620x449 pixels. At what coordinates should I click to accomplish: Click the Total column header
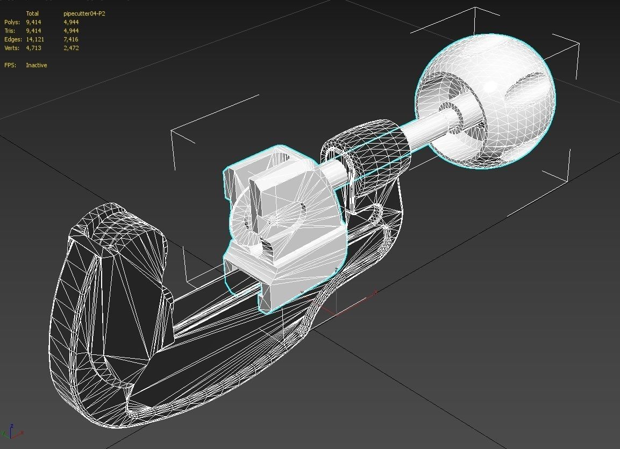pyautogui.click(x=32, y=13)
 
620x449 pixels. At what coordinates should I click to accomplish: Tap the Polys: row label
pyautogui.click(x=12, y=22)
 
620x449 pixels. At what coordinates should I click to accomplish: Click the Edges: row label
pyautogui.click(x=13, y=39)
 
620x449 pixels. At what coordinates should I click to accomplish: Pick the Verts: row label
pyautogui.click(x=12, y=48)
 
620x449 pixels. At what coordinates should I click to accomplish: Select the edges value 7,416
pyautogui.click(x=71, y=39)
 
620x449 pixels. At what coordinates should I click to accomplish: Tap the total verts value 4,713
pyautogui.click(x=33, y=48)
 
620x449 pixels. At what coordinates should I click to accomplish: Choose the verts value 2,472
pyautogui.click(x=71, y=48)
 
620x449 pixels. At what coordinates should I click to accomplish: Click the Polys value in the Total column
pyautogui.click(x=33, y=22)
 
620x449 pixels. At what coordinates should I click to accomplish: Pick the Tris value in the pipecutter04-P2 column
pyautogui.click(x=71, y=31)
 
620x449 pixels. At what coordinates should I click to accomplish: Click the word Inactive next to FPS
pyautogui.click(x=37, y=65)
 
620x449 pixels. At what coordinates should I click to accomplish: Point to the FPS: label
pyautogui.click(x=10, y=65)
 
